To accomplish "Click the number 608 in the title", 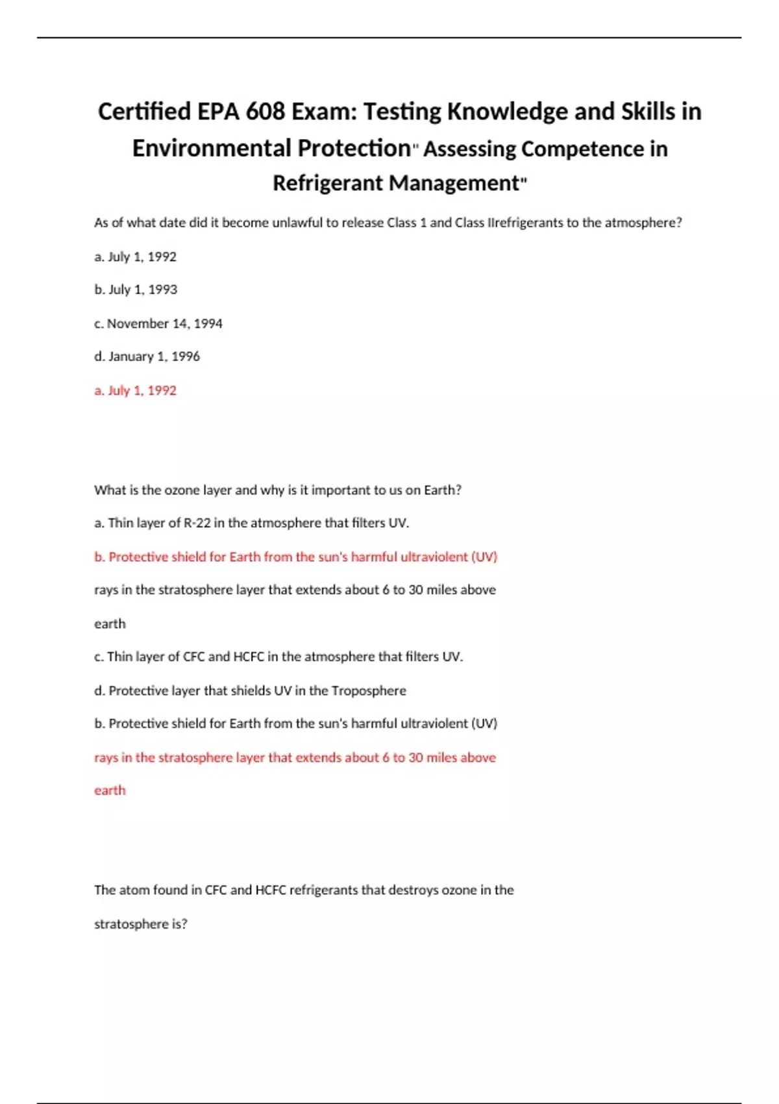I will [x=265, y=112].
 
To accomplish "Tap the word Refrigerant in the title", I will [x=328, y=183].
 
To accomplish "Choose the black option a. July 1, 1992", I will [x=135, y=257].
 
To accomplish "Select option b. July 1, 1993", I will [x=136, y=290].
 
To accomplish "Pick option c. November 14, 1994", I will [x=158, y=323].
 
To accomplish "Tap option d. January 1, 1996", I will [x=147, y=357].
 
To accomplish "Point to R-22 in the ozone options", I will [x=197, y=523].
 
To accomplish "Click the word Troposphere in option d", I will [x=369, y=691].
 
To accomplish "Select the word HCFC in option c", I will [x=249, y=657].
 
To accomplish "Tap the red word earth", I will [x=110, y=790].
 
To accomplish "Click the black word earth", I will [x=110, y=624].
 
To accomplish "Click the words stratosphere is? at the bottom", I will [x=141, y=924].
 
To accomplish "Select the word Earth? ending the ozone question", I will [x=443, y=490].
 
